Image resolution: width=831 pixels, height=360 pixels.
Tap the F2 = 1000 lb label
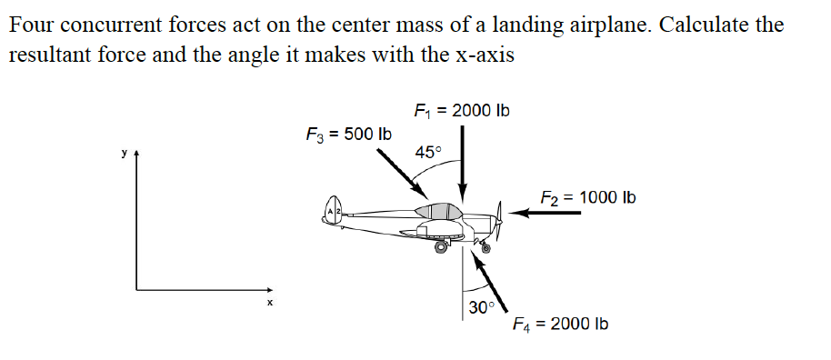(588, 197)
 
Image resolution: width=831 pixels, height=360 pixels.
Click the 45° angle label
(427, 152)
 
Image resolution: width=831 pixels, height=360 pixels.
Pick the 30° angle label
(481, 307)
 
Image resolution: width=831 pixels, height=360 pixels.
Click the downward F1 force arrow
(463, 164)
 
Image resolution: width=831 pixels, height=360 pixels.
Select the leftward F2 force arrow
(545, 214)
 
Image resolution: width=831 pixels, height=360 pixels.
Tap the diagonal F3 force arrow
(401, 170)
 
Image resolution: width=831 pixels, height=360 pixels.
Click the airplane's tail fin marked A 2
(334, 210)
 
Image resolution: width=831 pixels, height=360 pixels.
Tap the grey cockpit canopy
(438, 211)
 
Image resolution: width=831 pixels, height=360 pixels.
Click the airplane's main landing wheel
(443, 245)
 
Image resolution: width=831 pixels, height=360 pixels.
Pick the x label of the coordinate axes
(269, 302)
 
